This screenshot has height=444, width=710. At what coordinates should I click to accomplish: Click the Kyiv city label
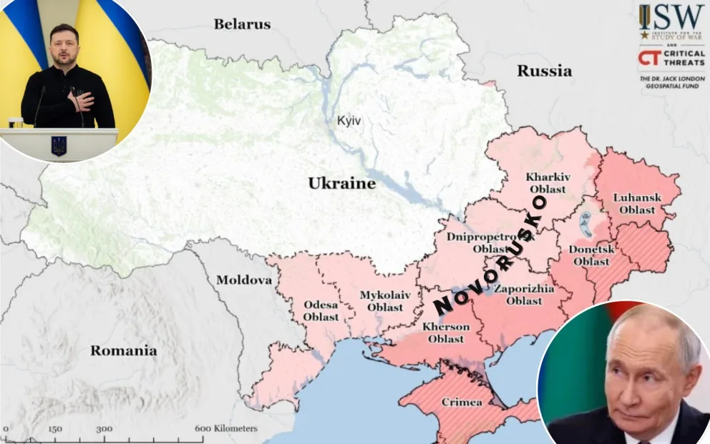[x=349, y=121]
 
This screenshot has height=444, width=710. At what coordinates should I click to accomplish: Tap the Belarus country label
[x=242, y=24]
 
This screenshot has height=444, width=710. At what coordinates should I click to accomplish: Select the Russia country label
[x=544, y=71]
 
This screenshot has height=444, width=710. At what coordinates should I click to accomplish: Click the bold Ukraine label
[x=341, y=184]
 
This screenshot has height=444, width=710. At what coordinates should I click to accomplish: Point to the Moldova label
[x=244, y=280]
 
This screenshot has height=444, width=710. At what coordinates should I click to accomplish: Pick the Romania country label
[x=123, y=350]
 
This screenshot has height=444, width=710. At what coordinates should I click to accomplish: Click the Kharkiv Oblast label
[x=548, y=183]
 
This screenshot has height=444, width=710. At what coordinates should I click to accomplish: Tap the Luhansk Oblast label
[x=637, y=203]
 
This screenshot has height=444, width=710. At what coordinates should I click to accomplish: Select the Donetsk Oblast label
[x=591, y=255]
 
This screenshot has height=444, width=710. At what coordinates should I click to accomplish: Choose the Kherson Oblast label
[x=446, y=332]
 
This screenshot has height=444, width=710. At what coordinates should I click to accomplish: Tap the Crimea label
[x=462, y=402]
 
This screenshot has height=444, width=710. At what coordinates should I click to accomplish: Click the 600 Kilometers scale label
[x=225, y=428]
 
